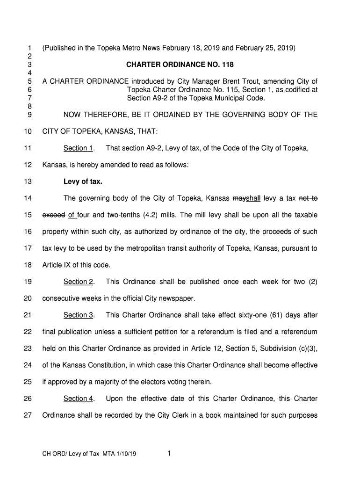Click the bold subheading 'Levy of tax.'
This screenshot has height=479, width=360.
point(83,181)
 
